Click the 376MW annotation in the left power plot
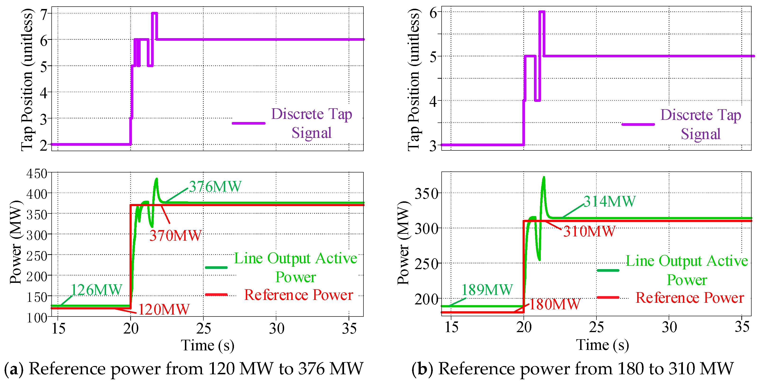(x=215, y=186)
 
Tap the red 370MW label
(x=175, y=236)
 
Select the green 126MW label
(x=96, y=290)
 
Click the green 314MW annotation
(x=609, y=201)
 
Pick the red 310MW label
(x=589, y=231)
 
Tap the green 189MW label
(x=487, y=290)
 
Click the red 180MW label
(x=555, y=304)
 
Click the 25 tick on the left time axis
(x=203, y=328)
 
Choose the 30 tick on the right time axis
(x=669, y=327)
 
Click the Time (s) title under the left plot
(x=207, y=345)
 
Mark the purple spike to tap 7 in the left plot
(x=154, y=13)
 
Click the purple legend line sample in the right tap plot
(x=638, y=124)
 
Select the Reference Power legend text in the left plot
(x=299, y=295)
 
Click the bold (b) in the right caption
(x=422, y=369)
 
